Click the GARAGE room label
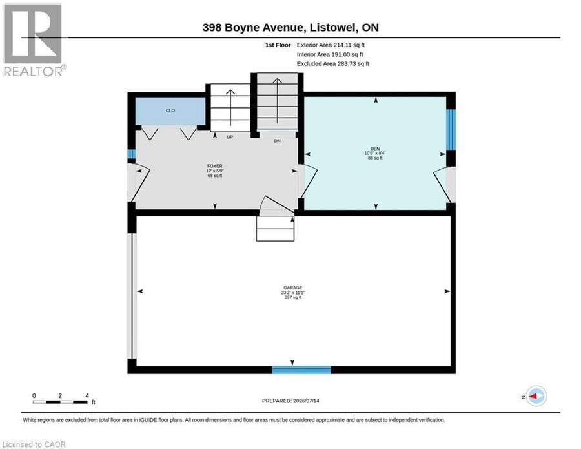[292, 287]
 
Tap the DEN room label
[375, 149]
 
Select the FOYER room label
[215, 166]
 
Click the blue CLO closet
[170, 111]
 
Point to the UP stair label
[230, 137]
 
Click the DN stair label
[277, 141]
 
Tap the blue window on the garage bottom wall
[301, 370]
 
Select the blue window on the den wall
[451, 129]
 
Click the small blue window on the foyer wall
[132, 154]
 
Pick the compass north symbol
[536, 396]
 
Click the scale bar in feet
[61, 402]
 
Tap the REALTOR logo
[34, 39]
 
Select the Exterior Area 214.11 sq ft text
[331, 45]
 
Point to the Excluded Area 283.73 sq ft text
[332, 64]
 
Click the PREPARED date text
[290, 401]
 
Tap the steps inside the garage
[275, 229]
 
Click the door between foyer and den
[309, 182]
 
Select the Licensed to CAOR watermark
[34, 444]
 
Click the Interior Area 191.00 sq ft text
[330, 54]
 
